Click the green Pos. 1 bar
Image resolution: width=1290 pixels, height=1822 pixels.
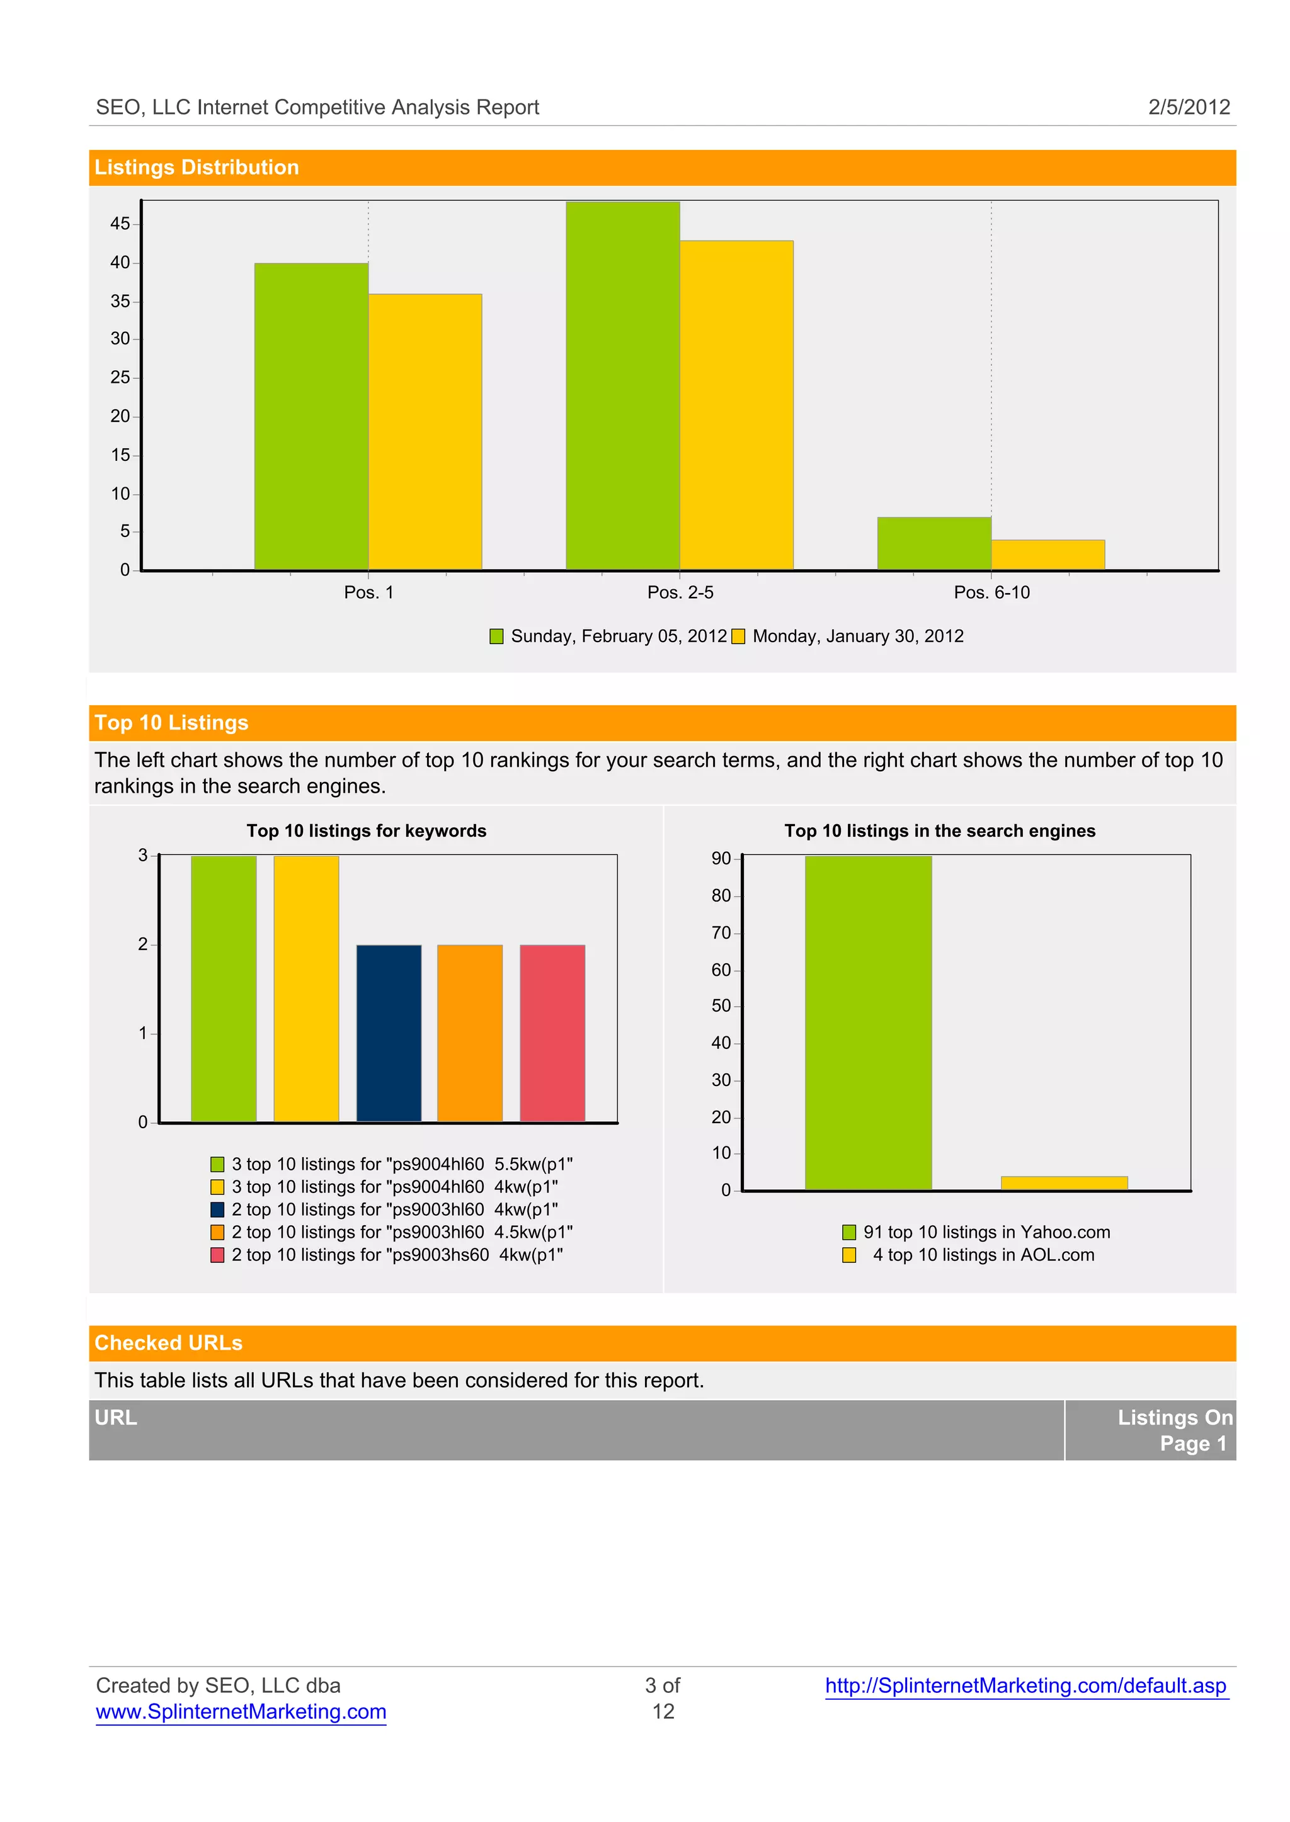click(x=311, y=416)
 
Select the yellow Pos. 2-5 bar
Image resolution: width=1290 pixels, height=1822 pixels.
click(x=736, y=405)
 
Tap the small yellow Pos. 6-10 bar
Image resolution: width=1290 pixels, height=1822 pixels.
click(x=1047, y=554)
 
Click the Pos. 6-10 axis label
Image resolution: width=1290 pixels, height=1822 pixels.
click(x=991, y=592)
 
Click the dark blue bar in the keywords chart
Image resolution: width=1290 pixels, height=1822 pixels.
click(x=389, y=1033)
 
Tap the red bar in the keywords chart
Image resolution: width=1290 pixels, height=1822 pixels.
click(x=552, y=1033)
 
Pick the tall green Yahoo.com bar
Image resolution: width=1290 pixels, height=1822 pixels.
click(x=868, y=1022)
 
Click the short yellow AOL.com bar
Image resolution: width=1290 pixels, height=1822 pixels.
click(x=1064, y=1183)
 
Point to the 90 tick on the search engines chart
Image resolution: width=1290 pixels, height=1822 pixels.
click(x=721, y=859)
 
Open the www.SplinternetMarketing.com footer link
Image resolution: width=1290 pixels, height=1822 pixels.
click(x=241, y=1712)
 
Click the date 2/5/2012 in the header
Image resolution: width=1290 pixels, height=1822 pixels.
click(x=1189, y=107)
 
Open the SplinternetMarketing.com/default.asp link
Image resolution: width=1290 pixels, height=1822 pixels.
click(x=1025, y=1685)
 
